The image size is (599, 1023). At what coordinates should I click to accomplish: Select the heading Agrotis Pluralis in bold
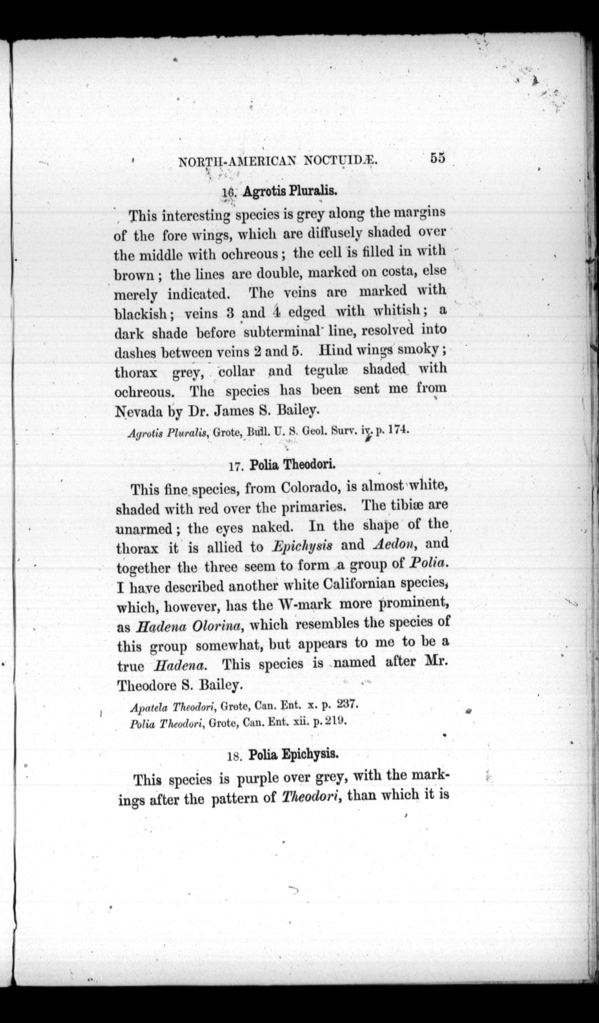point(290,192)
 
